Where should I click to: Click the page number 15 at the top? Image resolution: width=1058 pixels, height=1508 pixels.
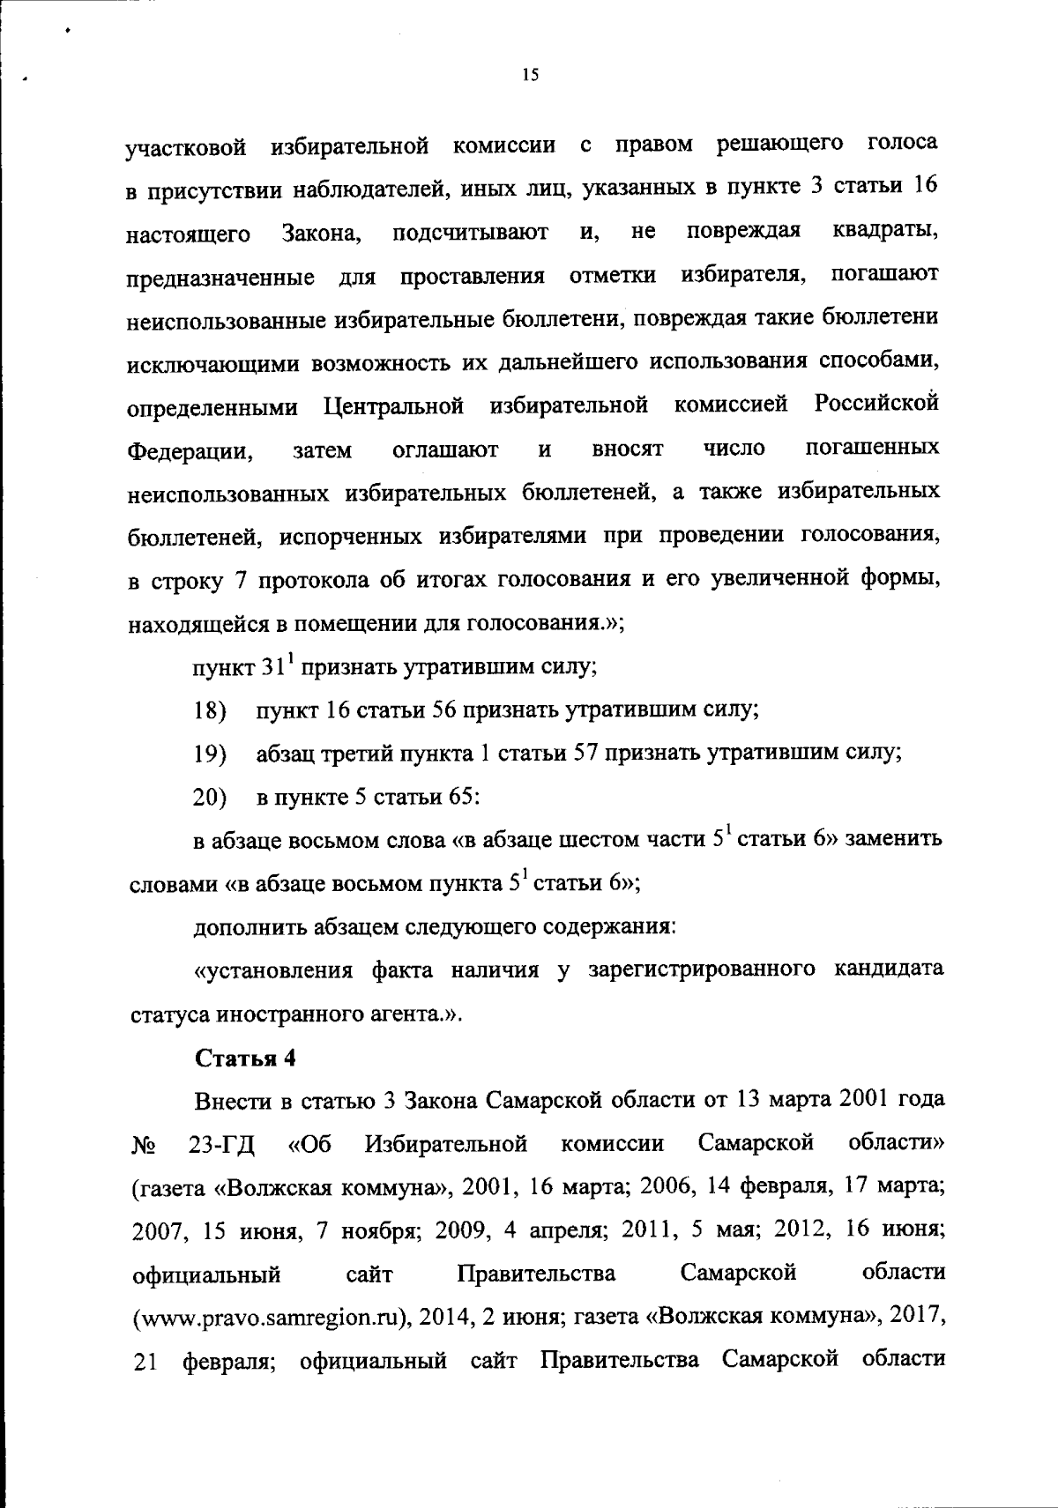point(530,76)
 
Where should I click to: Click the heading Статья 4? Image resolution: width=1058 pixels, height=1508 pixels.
point(245,1059)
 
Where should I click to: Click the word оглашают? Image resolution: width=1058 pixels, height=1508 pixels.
point(445,451)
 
